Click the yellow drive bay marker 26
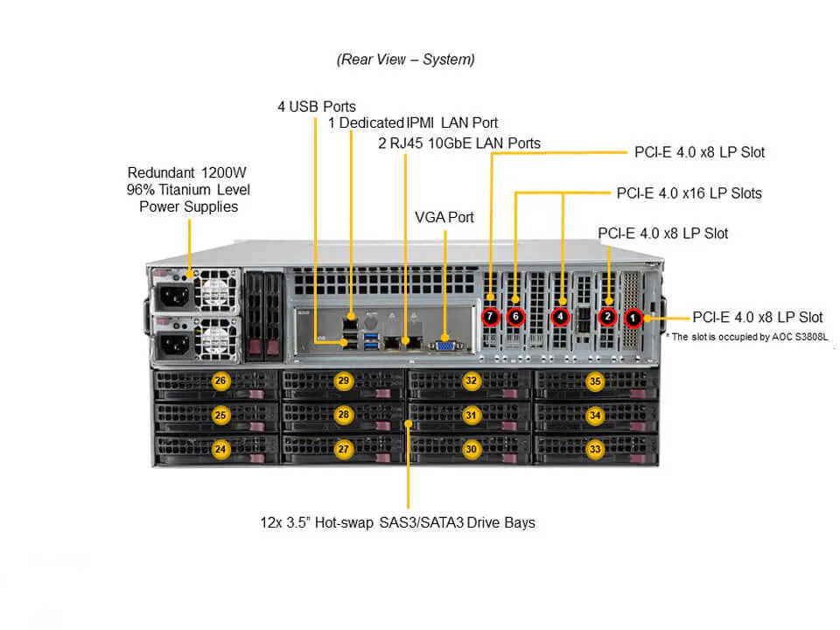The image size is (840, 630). [220, 381]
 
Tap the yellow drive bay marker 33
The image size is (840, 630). [595, 449]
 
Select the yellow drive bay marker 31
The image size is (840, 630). [472, 415]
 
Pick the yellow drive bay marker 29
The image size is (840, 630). [344, 381]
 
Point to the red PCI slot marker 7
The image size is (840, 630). [491, 315]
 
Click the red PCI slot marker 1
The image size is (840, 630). [633, 317]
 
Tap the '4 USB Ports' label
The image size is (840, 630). [317, 107]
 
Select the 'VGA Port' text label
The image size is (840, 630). [444, 217]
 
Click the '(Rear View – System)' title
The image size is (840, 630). [406, 59]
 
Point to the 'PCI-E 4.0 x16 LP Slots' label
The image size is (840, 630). [689, 192]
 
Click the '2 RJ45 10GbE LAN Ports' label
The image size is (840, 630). [459, 143]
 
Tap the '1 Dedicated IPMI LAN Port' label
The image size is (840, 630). [413, 122]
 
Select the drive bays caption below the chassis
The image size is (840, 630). [397, 522]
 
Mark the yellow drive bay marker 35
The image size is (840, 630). [595, 381]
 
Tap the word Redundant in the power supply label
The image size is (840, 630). [162, 172]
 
